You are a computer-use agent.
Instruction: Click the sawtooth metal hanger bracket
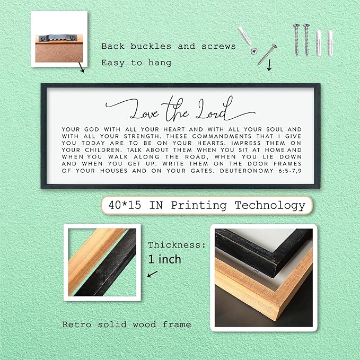pyautogui.click(x=58, y=38)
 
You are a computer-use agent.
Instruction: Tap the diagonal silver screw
pyautogui.click(x=267, y=55)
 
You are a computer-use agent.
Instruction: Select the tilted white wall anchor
pyautogui.click(x=244, y=36)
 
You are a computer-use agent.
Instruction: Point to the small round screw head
pyautogui.click(x=254, y=51)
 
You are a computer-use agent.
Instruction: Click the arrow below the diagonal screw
pyautogui.click(x=269, y=65)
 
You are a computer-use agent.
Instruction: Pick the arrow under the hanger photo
pyautogui.click(x=81, y=67)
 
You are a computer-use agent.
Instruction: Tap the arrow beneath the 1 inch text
pyautogui.click(x=152, y=274)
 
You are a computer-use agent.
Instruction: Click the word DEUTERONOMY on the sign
pyautogui.click(x=247, y=171)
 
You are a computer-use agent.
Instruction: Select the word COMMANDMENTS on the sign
pyautogui.click(x=222, y=136)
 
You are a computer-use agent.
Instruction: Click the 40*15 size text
pyautogui.click(x=125, y=205)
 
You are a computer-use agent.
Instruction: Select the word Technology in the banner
pyautogui.click(x=270, y=206)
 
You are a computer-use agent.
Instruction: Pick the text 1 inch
pyautogui.click(x=164, y=259)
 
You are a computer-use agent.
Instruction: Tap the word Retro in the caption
pyautogui.click(x=77, y=324)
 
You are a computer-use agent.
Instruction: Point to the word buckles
pyautogui.click(x=151, y=46)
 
